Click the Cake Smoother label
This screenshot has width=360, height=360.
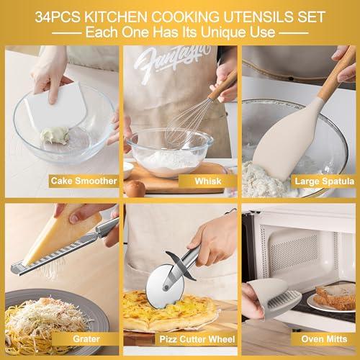[79, 181]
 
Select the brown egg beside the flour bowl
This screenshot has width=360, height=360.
[135, 189]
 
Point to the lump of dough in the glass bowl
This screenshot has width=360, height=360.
[55, 136]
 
